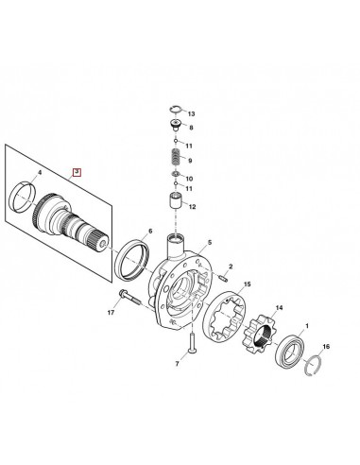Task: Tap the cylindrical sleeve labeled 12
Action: pyautogui.click(x=174, y=201)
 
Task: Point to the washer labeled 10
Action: pyautogui.click(x=175, y=178)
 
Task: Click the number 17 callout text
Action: pyautogui.click(x=111, y=313)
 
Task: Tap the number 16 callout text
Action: pyautogui.click(x=326, y=347)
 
